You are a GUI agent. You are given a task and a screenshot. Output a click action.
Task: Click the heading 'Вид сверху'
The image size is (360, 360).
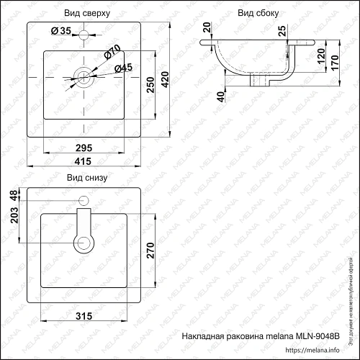[87, 12]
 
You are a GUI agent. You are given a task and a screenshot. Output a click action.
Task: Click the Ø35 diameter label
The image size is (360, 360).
[61, 30]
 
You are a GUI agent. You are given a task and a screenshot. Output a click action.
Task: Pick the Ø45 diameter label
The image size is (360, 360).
[123, 68]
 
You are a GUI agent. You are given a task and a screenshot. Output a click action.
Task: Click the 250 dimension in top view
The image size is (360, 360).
[150, 84]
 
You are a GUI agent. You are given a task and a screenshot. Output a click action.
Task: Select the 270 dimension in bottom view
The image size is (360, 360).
[150, 250]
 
